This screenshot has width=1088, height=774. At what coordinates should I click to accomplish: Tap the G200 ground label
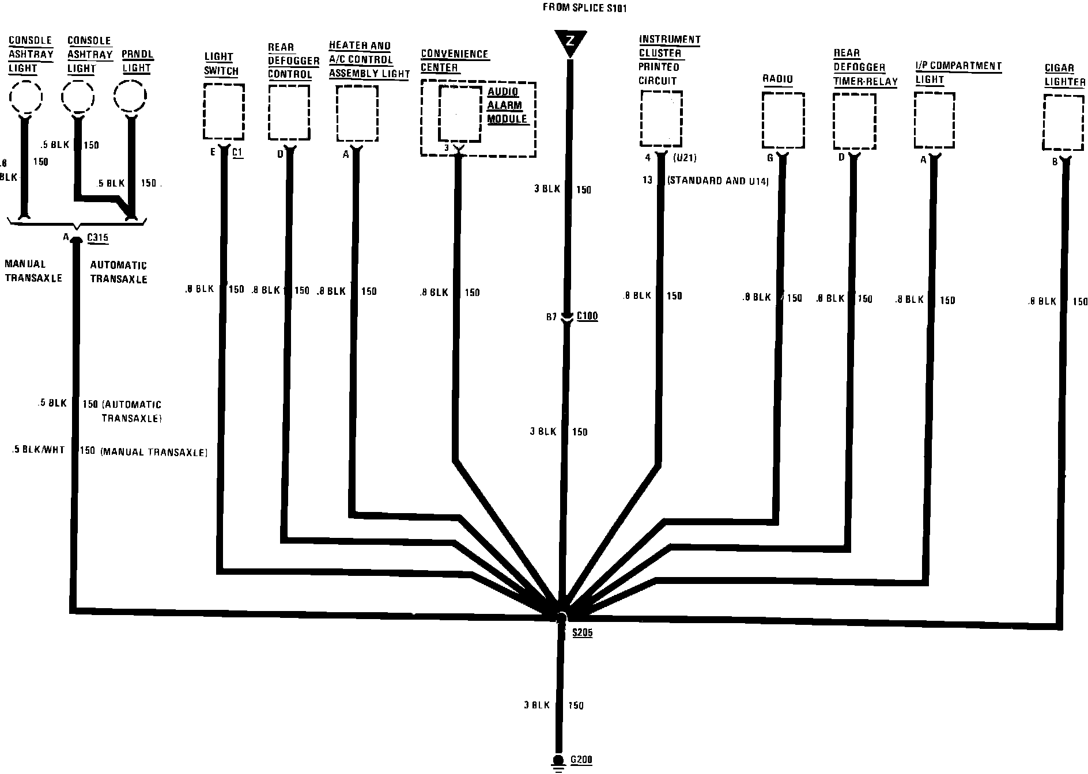click(x=581, y=760)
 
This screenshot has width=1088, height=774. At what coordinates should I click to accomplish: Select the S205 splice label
click(x=582, y=633)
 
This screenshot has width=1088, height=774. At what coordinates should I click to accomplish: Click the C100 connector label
click(x=587, y=316)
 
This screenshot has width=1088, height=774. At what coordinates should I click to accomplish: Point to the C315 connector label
click(x=97, y=237)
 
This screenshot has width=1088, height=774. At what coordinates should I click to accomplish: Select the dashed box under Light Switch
click(x=224, y=111)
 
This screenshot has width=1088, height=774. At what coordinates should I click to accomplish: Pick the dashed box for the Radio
click(x=783, y=120)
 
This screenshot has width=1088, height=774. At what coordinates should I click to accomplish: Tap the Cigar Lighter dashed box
click(x=1064, y=123)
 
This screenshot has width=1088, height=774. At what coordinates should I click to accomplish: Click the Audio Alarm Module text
click(x=506, y=105)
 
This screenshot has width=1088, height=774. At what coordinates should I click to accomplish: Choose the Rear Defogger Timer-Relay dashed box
click(x=854, y=121)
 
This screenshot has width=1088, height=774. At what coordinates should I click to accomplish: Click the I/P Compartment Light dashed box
click(x=934, y=120)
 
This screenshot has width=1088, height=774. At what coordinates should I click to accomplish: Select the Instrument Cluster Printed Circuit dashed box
click(x=661, y=118)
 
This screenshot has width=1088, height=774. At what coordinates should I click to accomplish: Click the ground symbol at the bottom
click(x=557, y=762)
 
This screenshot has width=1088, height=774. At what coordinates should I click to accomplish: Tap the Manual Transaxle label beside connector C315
click(x=33, y=271)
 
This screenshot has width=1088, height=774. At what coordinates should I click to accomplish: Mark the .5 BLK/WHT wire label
click(x=38, y=450)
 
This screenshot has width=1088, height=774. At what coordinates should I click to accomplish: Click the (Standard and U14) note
click(x=717, y=181)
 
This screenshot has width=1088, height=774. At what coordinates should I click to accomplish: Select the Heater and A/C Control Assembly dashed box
click(x=357, y=113)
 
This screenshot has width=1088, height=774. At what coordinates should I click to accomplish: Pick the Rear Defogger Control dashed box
click(x=289, y=112)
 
